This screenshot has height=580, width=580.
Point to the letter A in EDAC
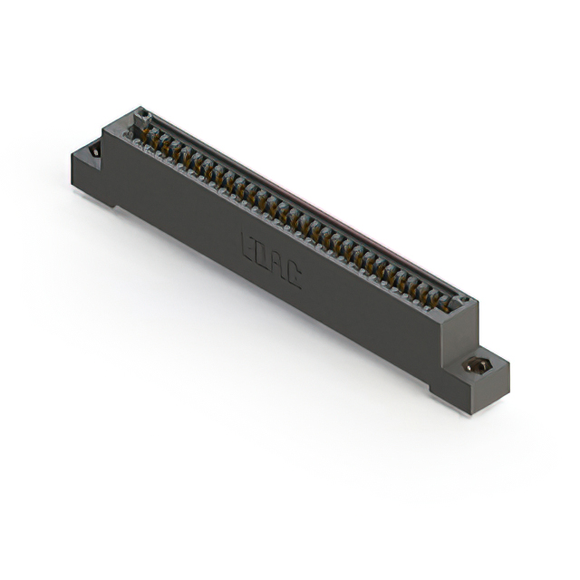pos(278,266)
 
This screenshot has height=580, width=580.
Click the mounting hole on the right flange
pos(475,365)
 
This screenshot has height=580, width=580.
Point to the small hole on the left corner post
pos(140,114)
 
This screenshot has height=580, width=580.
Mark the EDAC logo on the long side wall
pos(271,261)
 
